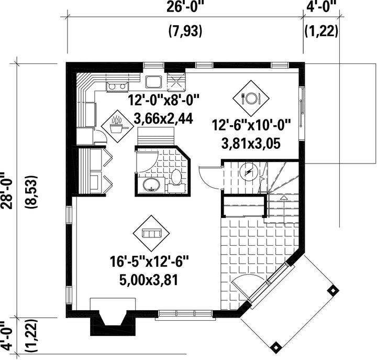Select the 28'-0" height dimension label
point(6,191)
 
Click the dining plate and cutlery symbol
point(251,98)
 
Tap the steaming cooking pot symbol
point(117,126)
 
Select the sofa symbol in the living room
point(151,233)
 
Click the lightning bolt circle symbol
point(249,171)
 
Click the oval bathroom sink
point(151,185)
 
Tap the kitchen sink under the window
point(153,82)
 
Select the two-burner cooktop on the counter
point(117,86)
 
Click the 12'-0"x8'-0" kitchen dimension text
point(164,100)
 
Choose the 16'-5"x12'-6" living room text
point(149,261)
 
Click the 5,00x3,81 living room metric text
point(148,280)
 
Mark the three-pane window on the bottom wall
point(185,314)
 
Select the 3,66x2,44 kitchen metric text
point(163,118)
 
